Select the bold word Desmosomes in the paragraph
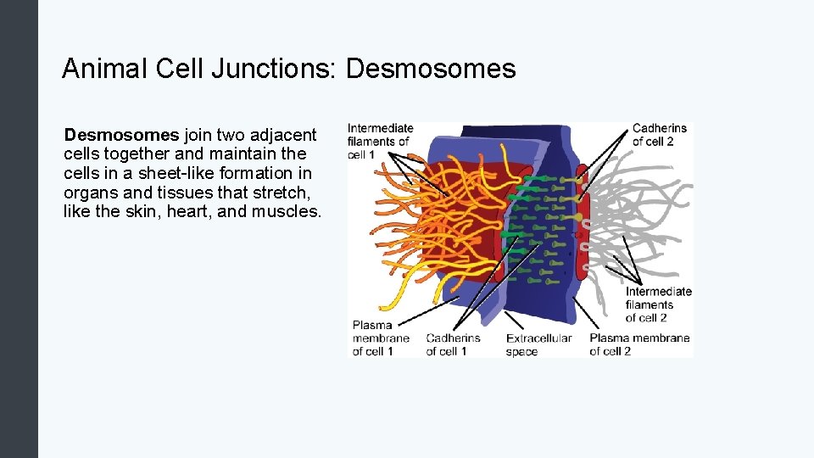[121, 135]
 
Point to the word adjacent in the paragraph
[286, 135]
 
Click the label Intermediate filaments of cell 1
[380, 142]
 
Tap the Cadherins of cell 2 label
[660, 135]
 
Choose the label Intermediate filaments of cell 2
[659, 304]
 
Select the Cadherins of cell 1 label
[453, 344]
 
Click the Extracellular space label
[538, 344]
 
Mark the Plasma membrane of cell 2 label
[639, 344]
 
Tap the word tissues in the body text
[176, 192]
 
